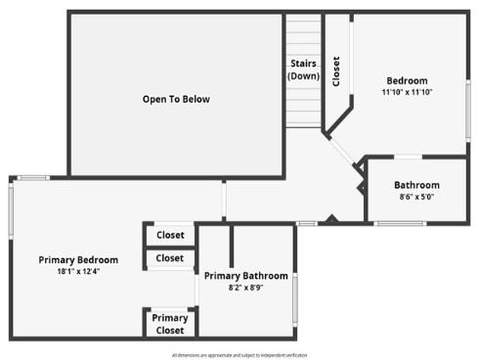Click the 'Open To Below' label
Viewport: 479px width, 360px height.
click(x=176, y=99)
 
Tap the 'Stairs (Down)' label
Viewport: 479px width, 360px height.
click(x=303, y=69)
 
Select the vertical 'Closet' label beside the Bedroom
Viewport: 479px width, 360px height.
click(x=336, y=71)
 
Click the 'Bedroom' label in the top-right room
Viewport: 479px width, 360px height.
click(x=407, y=80)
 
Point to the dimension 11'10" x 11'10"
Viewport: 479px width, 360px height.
click(x=407, y=92)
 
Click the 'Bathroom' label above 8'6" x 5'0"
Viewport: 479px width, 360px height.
click(x=416, y=185)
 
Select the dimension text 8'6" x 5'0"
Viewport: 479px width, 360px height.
click(x=416, y=197)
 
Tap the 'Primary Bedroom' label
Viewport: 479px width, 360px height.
click(x=78, y=259)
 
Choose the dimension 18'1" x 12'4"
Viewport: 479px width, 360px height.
click(x=78, y=271)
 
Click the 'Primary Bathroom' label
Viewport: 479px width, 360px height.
click(x=245, y=276)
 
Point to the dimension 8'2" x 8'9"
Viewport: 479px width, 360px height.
click(x=245, y=288)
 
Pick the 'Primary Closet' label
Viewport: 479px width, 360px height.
click(x=170, y=324)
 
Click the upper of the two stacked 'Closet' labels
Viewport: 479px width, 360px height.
click(x=170, y=235)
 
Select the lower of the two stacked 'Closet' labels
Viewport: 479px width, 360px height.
click(x=170, y=258)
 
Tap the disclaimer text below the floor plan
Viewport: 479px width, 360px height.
click(x=239, y=354)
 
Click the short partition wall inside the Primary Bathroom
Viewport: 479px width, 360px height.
click(x=231, y=245)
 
